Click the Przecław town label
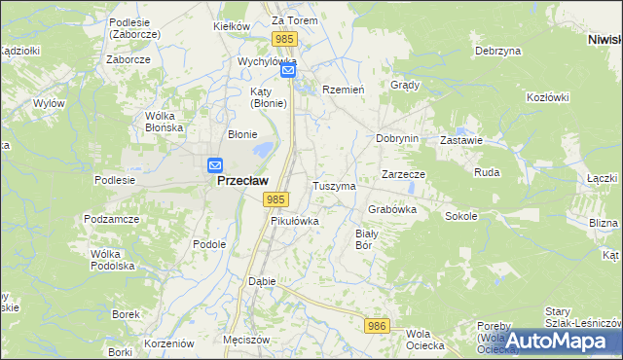[241, 180]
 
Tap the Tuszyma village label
[333, 185]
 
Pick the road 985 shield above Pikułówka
[275, 199]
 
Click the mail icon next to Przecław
[215, 165]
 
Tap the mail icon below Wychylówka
[288, 71]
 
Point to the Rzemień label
[343, 89]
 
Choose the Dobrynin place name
[397, 138]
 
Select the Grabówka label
[392, 209]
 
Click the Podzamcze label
[109, 220]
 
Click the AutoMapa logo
[558, 341]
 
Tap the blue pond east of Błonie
[262, 151]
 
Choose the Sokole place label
[461, 216]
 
